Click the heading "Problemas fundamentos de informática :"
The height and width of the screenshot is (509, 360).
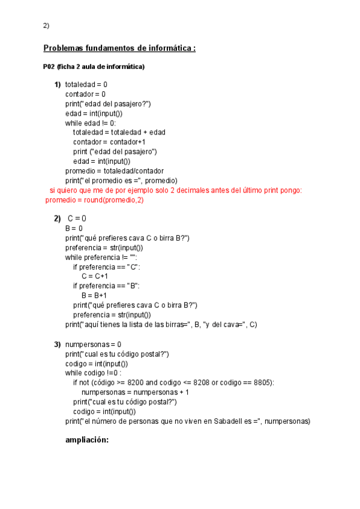(119, 48)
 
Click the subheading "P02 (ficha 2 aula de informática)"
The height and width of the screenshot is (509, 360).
(94, 67)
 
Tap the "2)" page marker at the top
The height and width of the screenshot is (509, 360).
(46, 25)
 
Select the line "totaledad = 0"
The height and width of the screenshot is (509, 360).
(86, 85)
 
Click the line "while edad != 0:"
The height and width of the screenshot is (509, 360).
(91, 122)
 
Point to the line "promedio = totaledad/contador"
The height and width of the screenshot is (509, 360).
(115, 170)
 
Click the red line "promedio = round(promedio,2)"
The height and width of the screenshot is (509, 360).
(95, 200)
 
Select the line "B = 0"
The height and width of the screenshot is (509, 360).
(74, 228)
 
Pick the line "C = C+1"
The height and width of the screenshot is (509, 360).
(95, 276)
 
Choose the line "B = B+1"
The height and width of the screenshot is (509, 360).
(94, 295)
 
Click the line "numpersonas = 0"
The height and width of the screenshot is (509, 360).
(93, 345)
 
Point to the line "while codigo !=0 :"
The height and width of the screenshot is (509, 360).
(96, 373)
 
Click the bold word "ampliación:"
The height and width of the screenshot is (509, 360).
(87, 440)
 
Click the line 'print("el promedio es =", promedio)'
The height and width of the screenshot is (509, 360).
(121, 180)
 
